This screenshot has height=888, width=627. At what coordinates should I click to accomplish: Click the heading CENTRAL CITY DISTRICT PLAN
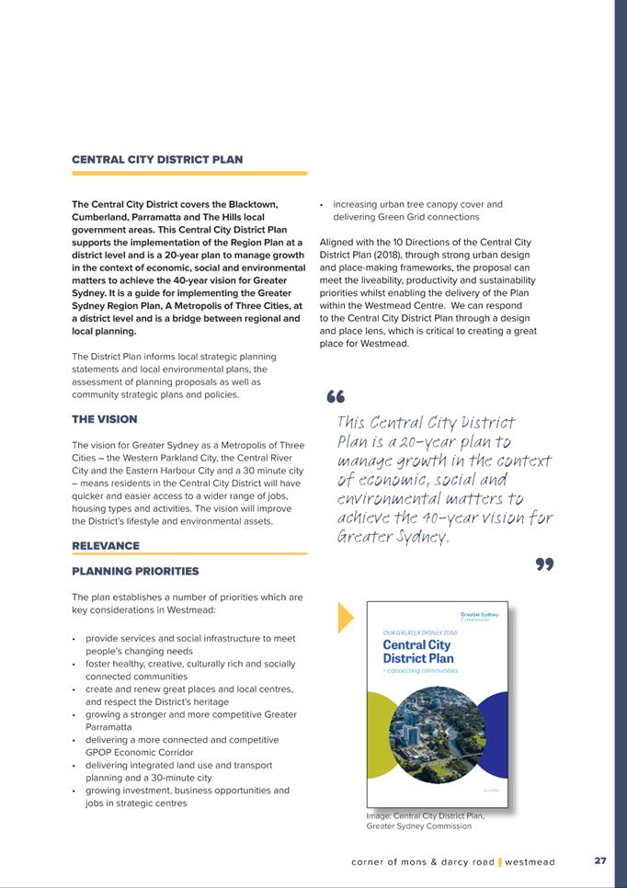pos(157,159)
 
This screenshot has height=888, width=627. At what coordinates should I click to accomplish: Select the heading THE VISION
pos(104,419)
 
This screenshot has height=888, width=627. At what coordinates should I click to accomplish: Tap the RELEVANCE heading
pos(106,545)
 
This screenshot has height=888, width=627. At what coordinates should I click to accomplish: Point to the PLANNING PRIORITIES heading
pos(135,572)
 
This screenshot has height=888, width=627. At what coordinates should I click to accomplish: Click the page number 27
pos(600,861)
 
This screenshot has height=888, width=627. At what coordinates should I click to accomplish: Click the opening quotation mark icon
pos(335,398)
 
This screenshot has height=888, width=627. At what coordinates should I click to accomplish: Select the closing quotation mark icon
pos(544,564)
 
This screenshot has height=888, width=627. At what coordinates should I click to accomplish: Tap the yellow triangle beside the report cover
pos(346,617)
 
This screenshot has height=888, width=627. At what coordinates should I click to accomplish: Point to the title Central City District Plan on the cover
pos(417,652)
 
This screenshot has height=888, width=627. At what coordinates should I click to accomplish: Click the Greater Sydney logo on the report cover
pos(479,616)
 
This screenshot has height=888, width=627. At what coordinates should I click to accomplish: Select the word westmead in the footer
pos(530,862)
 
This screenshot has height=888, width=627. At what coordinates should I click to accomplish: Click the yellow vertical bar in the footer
pos(499,862)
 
